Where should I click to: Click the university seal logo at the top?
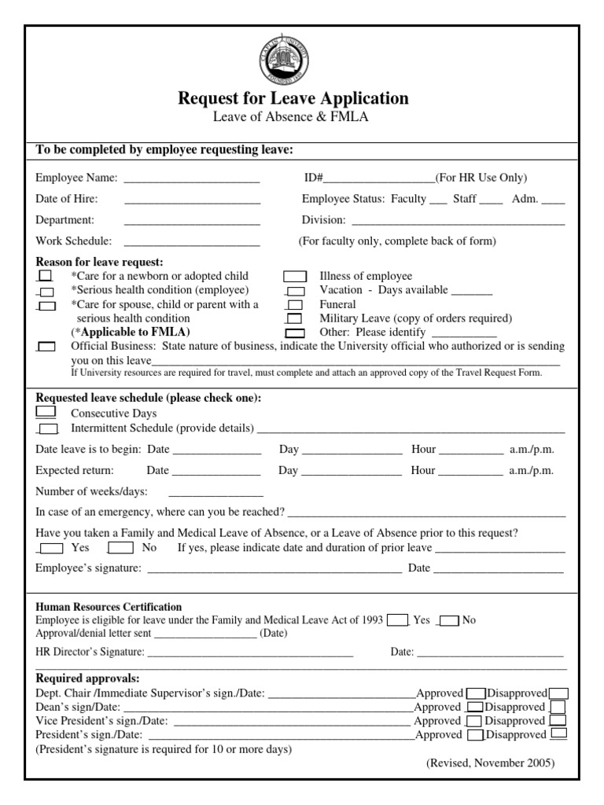(283, 61)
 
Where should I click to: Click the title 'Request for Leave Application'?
(293, 98)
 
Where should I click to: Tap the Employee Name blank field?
(192, 178)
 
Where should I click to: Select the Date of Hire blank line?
(192, 199)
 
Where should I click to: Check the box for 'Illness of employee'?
(295, 276)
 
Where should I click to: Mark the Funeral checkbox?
(295, 305)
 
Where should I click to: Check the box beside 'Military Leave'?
(294, 319)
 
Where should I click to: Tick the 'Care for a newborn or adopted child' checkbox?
(46, 276)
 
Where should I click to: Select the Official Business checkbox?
(47, 347)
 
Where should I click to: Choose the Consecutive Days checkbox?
(46, 412)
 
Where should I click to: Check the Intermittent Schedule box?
(48, 428)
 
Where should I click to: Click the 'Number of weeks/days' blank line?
(215, 494)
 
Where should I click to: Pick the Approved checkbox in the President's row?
(474, 736)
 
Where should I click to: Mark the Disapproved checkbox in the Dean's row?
(557, 708)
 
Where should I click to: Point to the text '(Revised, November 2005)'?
(490, 763)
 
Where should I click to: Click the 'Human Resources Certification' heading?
(109, 607)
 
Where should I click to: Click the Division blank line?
(458, 221)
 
